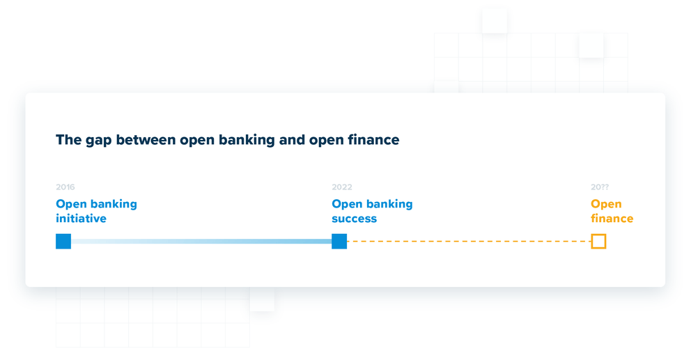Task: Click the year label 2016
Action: (x=65, y=187)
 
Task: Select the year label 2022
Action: (x=342, y=187)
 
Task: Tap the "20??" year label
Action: (x=600, y=187)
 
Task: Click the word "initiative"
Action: (x=81, y=219)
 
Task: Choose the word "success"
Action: (x=354, y=219)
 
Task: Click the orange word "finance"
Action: (x=612, y=219)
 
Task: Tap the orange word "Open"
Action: (x=606, y=204)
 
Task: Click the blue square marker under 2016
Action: (x=63, y=242)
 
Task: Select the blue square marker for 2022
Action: (x=339, y=242)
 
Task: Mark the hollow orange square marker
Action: (x=598, y=242)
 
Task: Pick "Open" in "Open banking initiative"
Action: (x=71, y=204)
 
